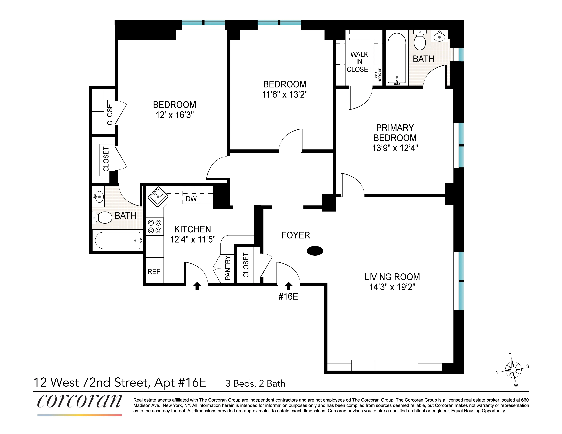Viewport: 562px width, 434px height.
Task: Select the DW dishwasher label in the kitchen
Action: click(x=191, y=199)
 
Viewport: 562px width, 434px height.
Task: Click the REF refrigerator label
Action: click(x=154, y=272)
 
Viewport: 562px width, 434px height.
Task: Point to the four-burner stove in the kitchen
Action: click(x=155, y=226)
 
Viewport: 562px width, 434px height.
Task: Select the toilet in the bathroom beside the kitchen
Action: click(x=103, y=217)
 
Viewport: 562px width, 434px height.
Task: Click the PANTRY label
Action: click(x=228, y=268)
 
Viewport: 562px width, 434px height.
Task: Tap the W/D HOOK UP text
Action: click(x=378, y=75)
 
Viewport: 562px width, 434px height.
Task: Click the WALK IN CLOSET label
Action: click(x=359, y=62)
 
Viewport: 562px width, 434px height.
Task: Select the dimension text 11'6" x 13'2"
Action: click(x=285, y=94)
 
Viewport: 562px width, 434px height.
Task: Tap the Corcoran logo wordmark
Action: click(x=79, y=401)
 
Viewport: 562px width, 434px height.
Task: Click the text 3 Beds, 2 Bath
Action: click(x=255, y=384)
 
